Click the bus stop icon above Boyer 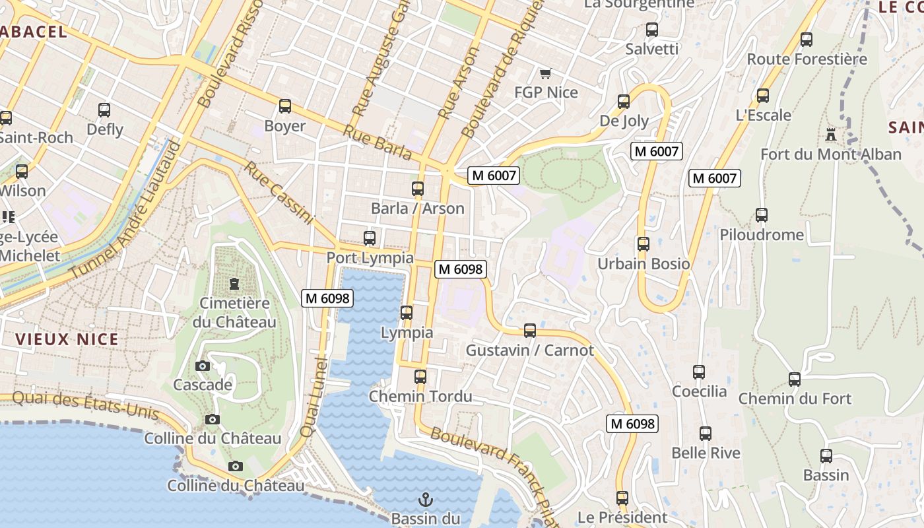[x=285, y=106]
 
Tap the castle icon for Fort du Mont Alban [x=830, y=135]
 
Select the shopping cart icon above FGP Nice [x=545, y=73]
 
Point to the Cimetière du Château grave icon [x=234, y=284]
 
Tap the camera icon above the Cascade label [x=203, y=366]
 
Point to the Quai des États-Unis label [x=86, y=403]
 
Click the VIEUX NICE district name [x=67, y=339]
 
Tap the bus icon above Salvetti [x=652, y=30]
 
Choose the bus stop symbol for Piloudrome [x=762, y=215]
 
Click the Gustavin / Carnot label [x=530, y=350]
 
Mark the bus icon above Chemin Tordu [x=420, y=377]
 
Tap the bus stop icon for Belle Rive [x=706, y=434]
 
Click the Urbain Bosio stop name [x=643, y=264]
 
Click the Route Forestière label [x=807, y=59]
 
